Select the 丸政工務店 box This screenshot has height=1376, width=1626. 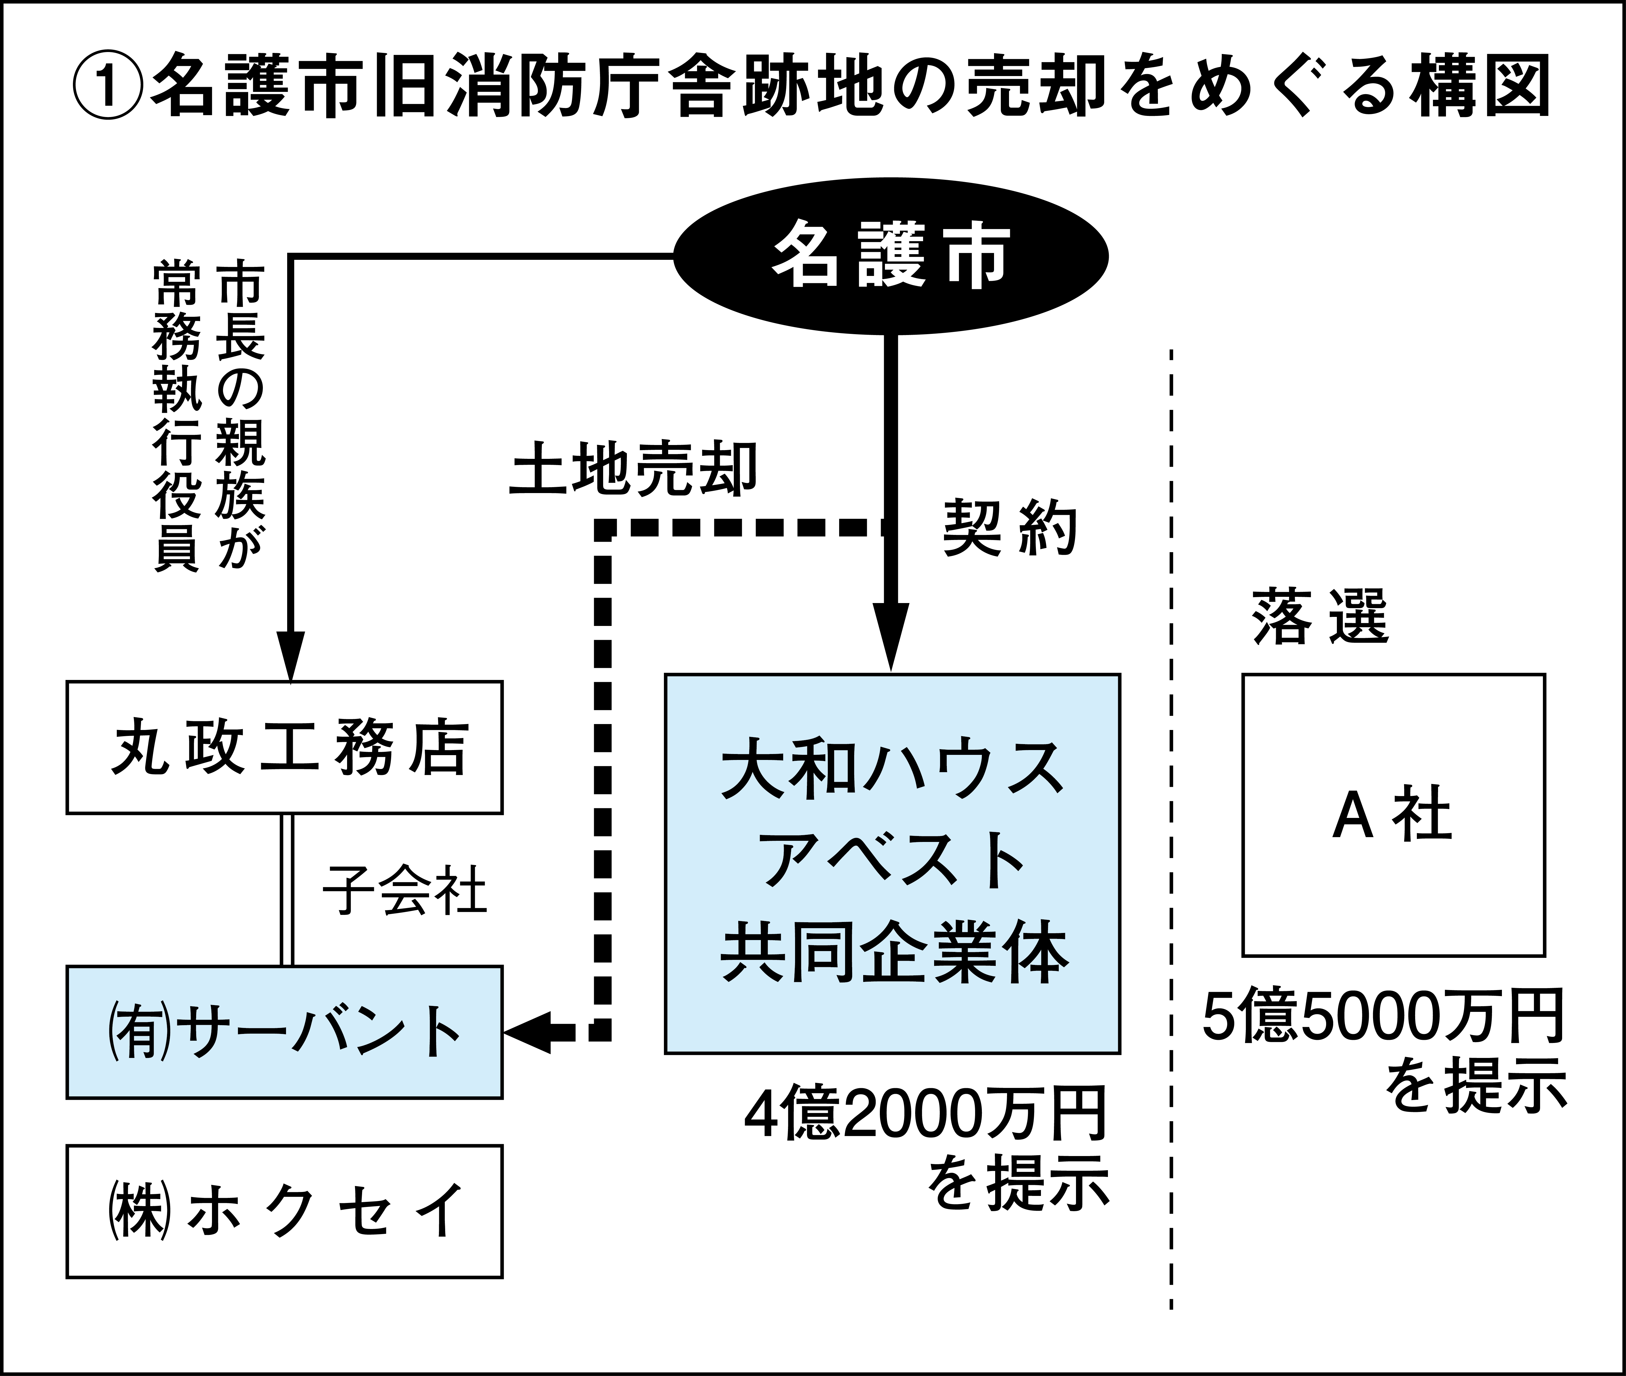tap(285, 747)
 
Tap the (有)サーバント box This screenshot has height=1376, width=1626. tap(285, 1032)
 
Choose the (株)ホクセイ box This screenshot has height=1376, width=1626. tap(285, 1211)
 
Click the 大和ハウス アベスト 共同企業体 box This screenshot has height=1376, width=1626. tap(892, 863)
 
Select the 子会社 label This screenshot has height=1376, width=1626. tap(405, 890)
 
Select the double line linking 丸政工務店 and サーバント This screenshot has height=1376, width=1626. tap(287, 890)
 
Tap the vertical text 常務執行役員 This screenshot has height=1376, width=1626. tap(176, 417)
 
